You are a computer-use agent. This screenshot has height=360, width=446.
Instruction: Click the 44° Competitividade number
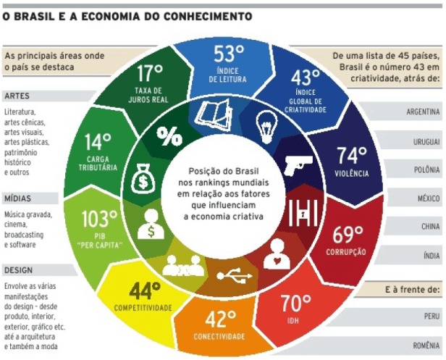click(x=145, y=291)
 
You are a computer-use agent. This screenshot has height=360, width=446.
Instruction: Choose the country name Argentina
click(x=424, y=113)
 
